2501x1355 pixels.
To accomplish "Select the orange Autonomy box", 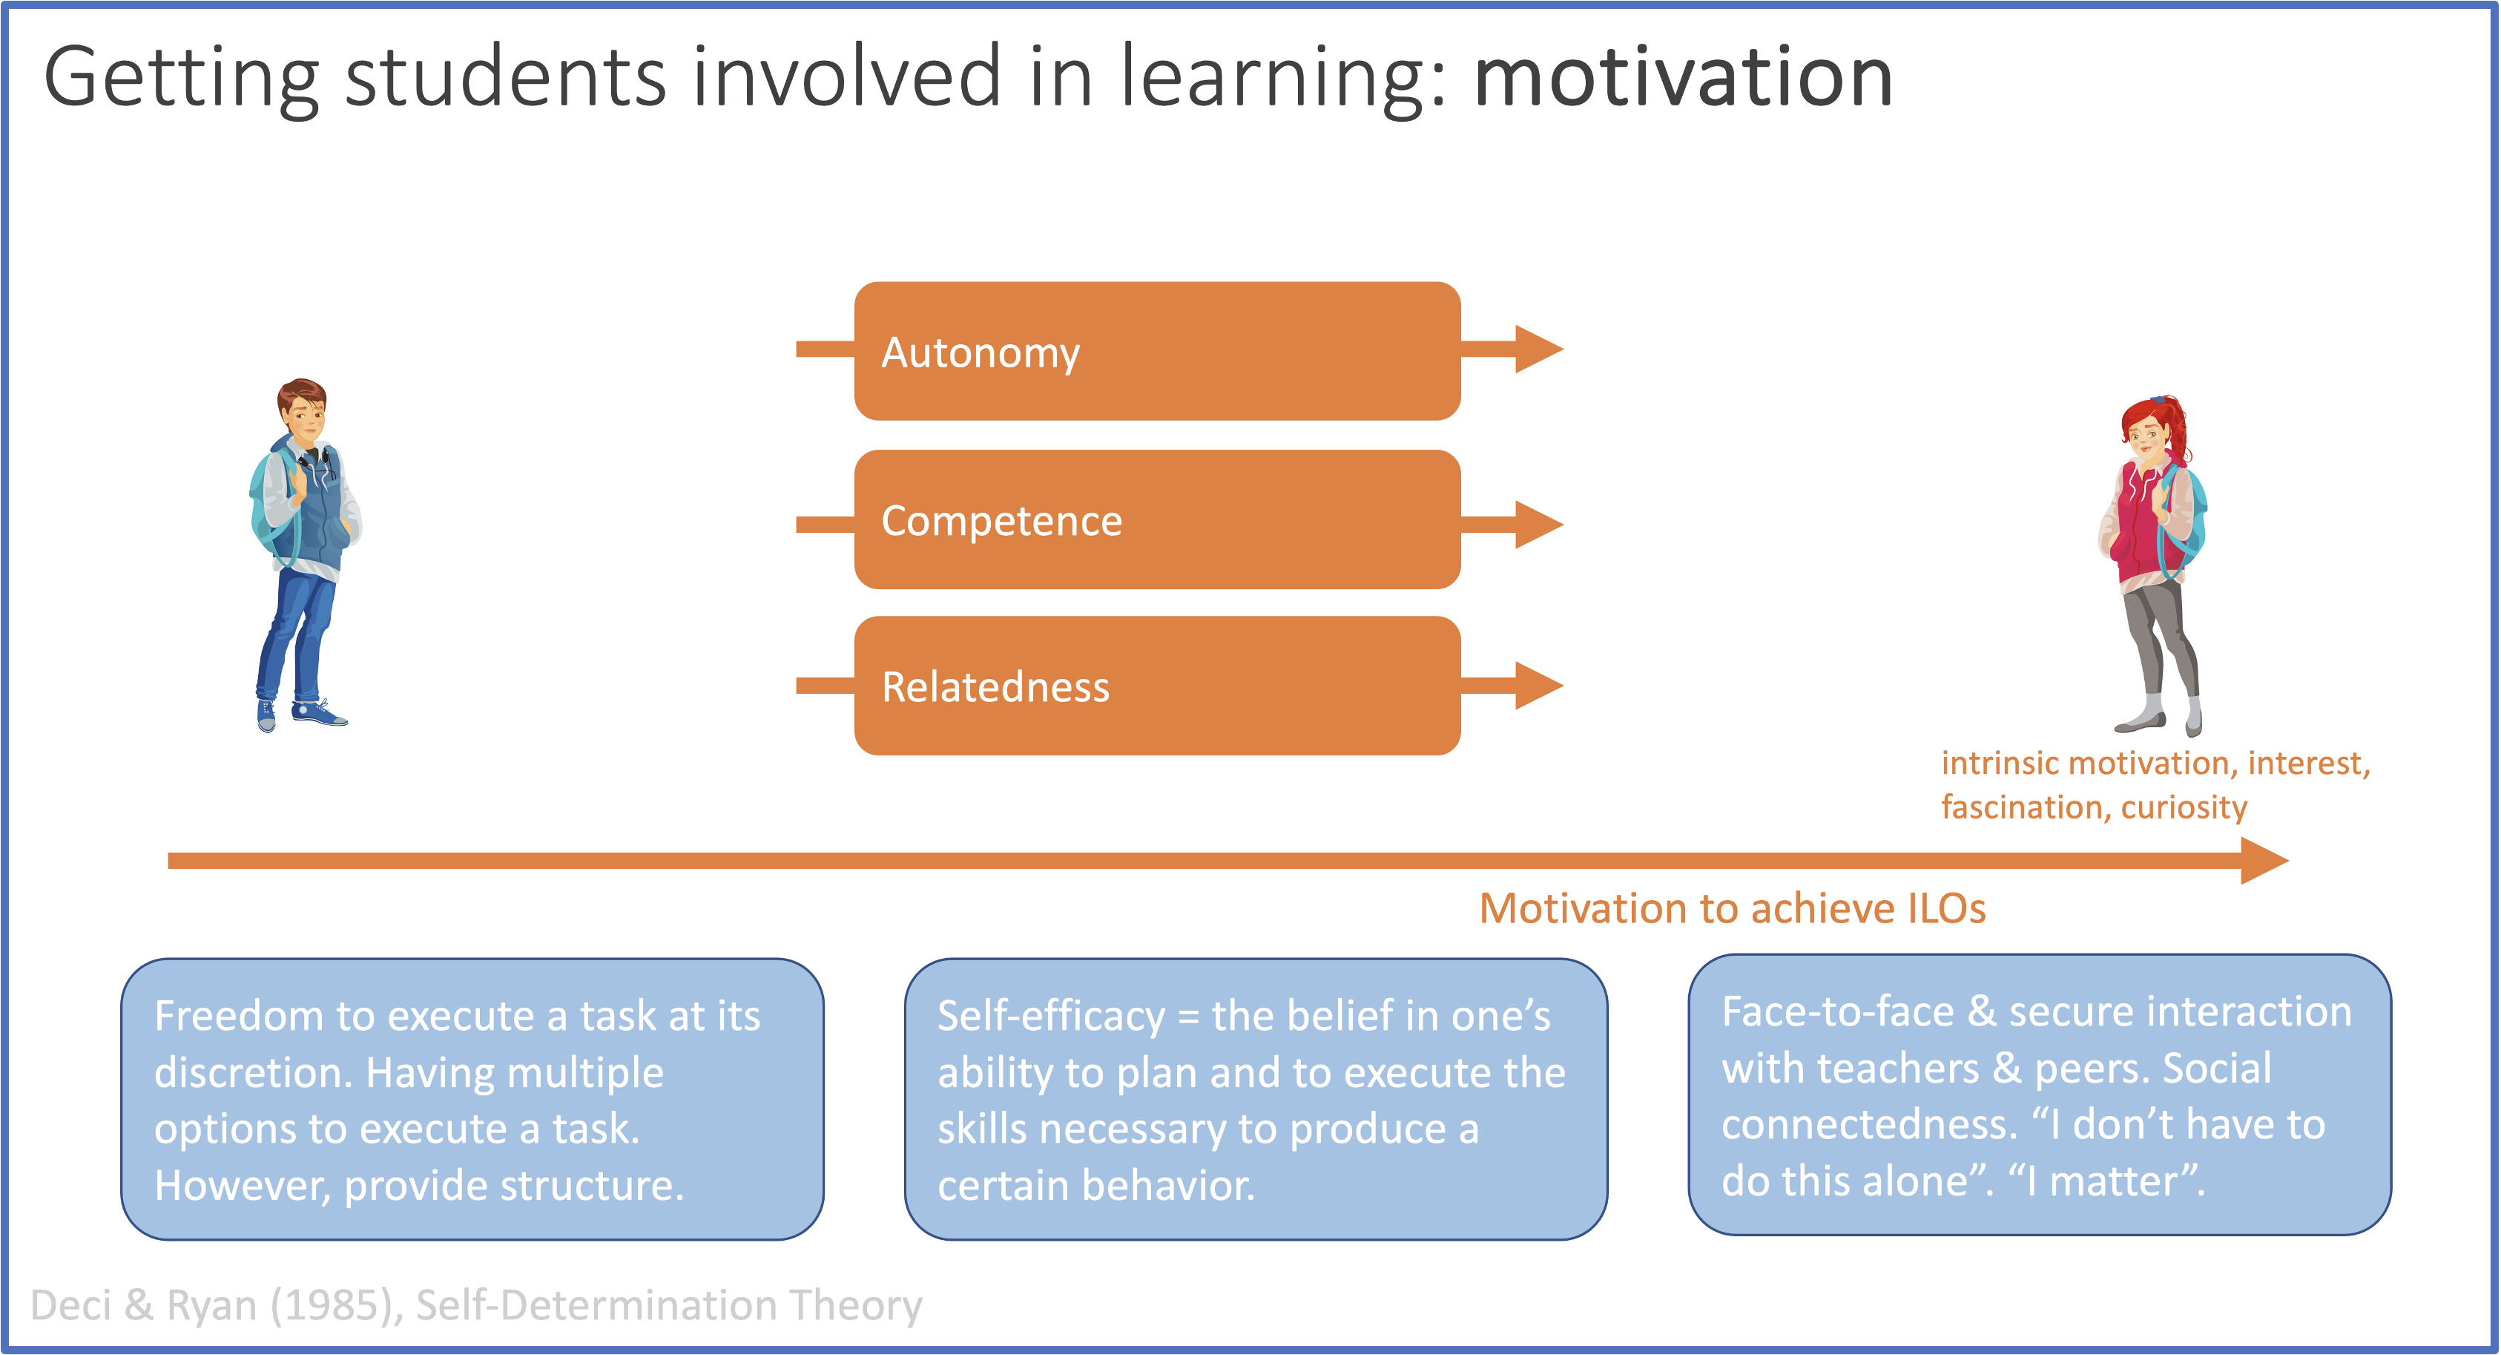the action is [x=1157, y=351].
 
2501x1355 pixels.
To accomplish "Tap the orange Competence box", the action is [x=1157, y=519].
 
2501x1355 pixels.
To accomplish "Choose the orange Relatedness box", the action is [x=1157, y=686].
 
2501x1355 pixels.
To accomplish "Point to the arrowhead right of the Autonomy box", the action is [x=1539, y=350].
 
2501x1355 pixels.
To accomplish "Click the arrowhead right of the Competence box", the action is [x=1539, y=525].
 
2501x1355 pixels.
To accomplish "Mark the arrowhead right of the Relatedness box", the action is [x=1539, y=686].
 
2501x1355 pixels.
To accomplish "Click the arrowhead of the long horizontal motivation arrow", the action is [x=2264, y=861].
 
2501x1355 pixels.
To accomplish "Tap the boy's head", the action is [x=302, y=410].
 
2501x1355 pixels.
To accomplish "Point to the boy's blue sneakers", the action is [x=301, y=715].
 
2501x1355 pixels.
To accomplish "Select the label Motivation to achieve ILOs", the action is [x=1732, y=908].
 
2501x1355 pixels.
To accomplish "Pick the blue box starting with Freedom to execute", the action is [x=472, y=1098].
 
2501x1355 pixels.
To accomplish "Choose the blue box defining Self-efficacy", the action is [x=1256, y=1098].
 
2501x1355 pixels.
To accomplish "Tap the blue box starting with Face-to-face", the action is [x=2039, y=1095].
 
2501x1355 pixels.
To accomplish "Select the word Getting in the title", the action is [x=182, y=78].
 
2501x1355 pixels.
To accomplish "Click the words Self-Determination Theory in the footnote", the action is [x=669, y=1305].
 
